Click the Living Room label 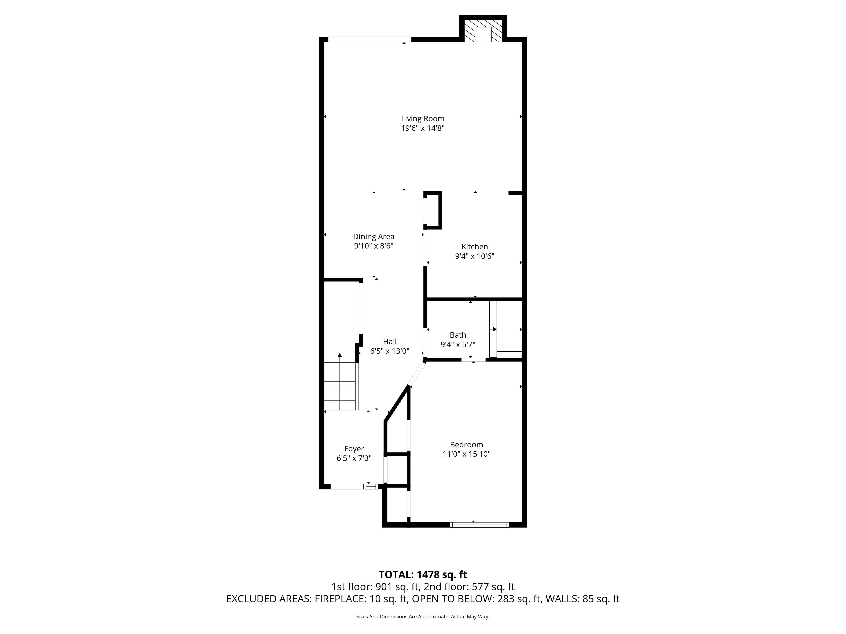pyautogui.click(x=423, y=119)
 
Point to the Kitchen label pyautogui.click(x=475, y=247)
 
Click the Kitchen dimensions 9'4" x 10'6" pyautogui.click(x=475, y=256)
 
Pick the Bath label pyautogui.click(x=458, y=335)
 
